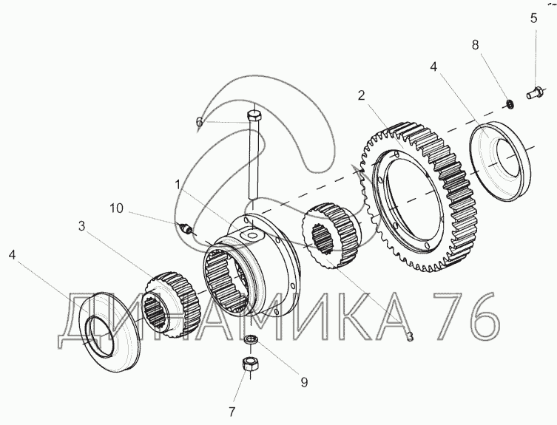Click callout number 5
pyautogui.click(x=533, y=18)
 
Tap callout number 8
pyautogui.click(x=475, y=45)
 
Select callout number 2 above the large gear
pyautogui.click(x=361, y=95)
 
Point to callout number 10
pyautogui.click(x=116, y=208)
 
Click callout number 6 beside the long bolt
pyautogui.click(x=199, y=122)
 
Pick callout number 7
pyautogui.click(x=232, y=412)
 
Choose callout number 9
pyautogui.click(x=304, y=382)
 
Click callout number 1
pyautogui.click(x=178, y=185)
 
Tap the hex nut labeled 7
pyautogui.click(x=251, y=364)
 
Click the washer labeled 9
pyautogui.click(x=252, y=340)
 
